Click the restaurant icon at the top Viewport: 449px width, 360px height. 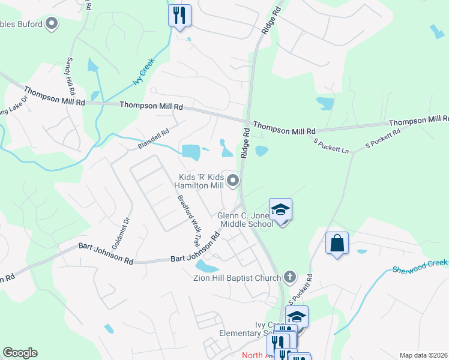click(179, 15)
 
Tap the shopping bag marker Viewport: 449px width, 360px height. click(337, 243)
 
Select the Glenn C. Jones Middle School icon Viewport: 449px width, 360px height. click(280, 209)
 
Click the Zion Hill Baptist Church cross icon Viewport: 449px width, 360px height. click(290, 277)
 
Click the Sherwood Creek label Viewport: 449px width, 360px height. click(421, 266)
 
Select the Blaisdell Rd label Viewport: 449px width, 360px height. click(154, 139)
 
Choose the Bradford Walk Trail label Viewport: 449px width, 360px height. click(187, 219)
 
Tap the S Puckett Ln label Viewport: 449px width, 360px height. click(331, 145)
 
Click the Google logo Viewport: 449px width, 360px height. click(20, 353)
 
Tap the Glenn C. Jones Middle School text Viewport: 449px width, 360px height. click(246, 220)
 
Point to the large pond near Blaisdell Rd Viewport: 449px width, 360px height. click(191, 152)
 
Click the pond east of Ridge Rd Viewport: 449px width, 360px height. click(262, 151)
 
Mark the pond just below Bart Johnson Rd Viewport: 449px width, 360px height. click(207, 266)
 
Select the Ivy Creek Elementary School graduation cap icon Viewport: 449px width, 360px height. click(296, 316)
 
